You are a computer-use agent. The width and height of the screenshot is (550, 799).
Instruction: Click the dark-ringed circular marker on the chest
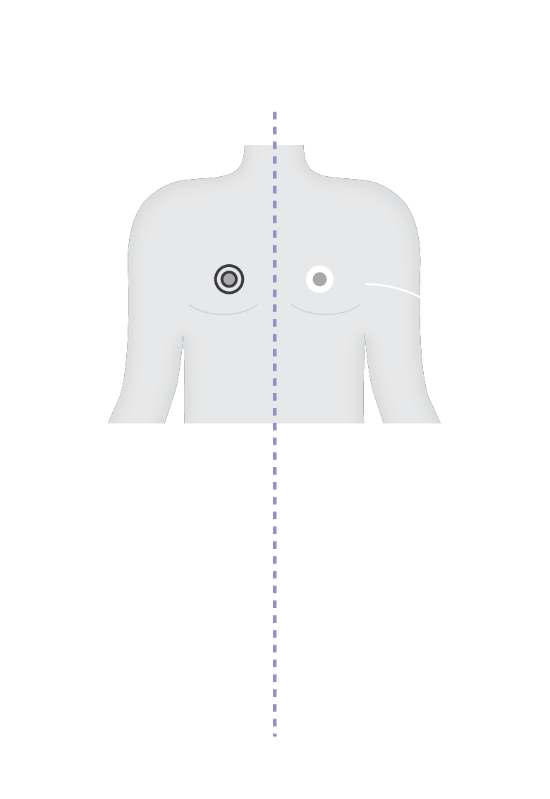pos(229,279)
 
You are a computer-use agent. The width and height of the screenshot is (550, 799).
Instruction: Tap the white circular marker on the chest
pos(319,279)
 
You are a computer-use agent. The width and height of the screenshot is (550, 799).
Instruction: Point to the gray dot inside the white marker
pos(319,279)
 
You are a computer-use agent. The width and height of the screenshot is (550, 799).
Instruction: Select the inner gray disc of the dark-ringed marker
pos(229,279)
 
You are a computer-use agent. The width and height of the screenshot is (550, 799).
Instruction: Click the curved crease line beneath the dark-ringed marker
pos(224,313)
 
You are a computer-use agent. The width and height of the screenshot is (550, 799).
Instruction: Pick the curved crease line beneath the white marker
pos(326,313)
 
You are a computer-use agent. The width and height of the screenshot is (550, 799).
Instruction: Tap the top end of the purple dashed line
pos(275,113)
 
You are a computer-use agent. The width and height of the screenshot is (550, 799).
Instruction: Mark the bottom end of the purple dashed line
pos(275,734)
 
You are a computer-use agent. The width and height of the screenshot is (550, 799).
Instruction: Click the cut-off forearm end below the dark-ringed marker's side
pos(137,421)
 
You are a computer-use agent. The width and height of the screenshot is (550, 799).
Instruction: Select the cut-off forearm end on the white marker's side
pos(412,421)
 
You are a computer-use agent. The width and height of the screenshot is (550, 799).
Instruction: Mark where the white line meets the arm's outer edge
pos(420,297)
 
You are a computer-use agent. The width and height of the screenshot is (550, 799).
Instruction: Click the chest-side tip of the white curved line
pos(367,284)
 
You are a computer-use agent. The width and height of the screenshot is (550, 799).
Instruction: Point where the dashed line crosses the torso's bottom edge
pos(275,423)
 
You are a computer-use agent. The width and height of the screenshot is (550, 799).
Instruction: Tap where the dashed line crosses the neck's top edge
pos(275,146)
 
